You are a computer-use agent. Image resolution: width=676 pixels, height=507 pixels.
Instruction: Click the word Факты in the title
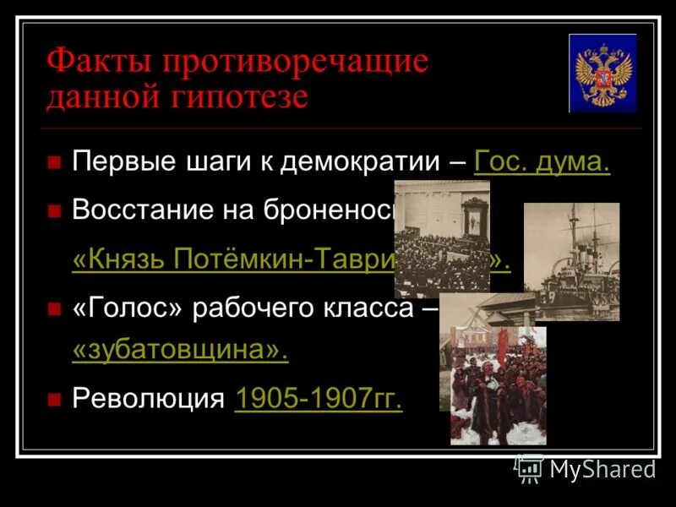(x=98, y=63)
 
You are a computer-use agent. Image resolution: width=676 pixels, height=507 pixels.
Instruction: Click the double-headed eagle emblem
(x=602, y=74)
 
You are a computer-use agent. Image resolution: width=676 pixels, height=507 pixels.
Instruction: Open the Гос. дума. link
(x=542, y=161)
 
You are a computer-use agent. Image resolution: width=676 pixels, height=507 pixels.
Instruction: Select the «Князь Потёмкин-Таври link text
(x=233, y=259)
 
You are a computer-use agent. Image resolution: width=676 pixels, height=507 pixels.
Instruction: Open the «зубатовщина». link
(x=180, y=352)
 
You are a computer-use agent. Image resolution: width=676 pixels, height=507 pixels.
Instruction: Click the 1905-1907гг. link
(x=319, y=399)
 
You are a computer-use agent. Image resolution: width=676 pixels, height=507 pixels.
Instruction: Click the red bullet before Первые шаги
(x=55, y=162)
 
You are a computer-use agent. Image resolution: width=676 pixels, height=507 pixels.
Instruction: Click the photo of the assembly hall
(x=441, y=238)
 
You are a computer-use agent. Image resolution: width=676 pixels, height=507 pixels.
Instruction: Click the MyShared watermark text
(x=602, y=469)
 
